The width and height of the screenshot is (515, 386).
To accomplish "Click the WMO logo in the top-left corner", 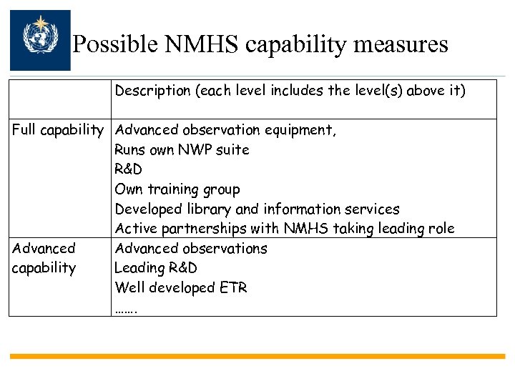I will pos(40,40).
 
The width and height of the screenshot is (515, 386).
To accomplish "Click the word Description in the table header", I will pos(151,91).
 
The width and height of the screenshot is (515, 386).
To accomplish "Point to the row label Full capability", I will pos(58,130).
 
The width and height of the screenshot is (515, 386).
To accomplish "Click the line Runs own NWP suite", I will pos(182,150).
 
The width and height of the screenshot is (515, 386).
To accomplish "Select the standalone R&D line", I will pos(129,169).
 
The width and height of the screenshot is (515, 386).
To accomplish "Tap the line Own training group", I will pos(177,189).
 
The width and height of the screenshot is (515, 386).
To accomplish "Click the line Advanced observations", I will pos(191,249).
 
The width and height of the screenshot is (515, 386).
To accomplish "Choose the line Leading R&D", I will pos(156,268).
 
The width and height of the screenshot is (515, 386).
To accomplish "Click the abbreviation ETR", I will pos(233,287).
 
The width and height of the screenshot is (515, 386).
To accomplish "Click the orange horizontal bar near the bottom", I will pos(257,355).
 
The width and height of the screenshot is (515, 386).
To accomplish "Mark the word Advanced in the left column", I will pos(44,249).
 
